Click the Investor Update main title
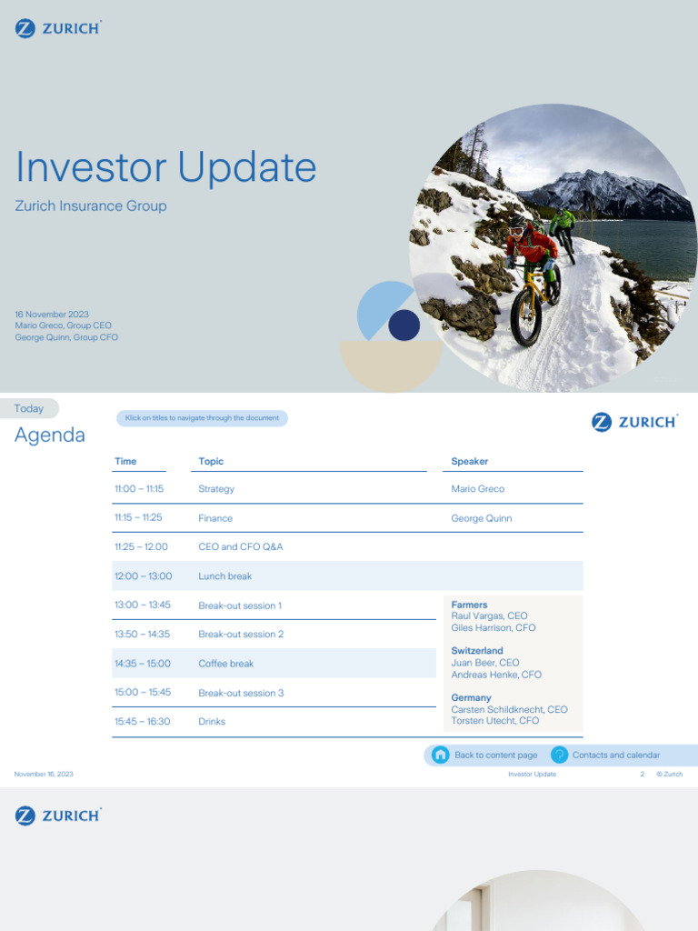[x=165, y=168]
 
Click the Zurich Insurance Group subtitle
[x=91, y=206]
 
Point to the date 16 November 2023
[x=52, y=315]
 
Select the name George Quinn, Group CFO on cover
[x=66, y=337]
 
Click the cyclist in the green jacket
[x=564, y=221]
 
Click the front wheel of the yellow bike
[x=525, y=317]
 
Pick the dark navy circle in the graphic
[x=404, y=325]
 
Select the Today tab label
[x=29, y=409]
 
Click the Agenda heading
[x=50, y=435]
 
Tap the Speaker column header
[x=470, y=462]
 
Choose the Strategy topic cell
[x=216, y=489]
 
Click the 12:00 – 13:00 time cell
[x=143, y=576]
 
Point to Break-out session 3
[x=241, y=693]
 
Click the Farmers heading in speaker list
[x=469, y=605]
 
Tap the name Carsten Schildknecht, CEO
[x=509, y=709]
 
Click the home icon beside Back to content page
[x=441, y=755]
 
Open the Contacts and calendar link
[x=615, y=755]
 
